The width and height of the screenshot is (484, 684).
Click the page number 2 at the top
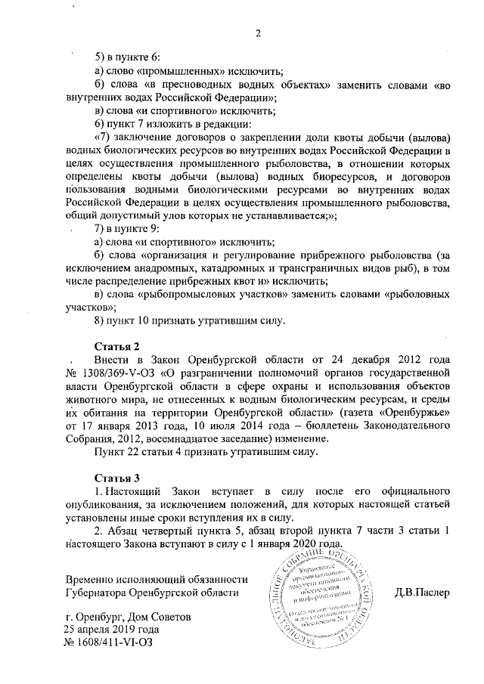(x=258, y=32)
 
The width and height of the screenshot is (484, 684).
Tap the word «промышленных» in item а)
(x=167, y=71)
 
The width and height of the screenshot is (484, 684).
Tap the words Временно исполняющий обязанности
(x=157, y=578)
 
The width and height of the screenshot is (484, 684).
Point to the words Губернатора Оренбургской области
(x=152, y=592)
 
